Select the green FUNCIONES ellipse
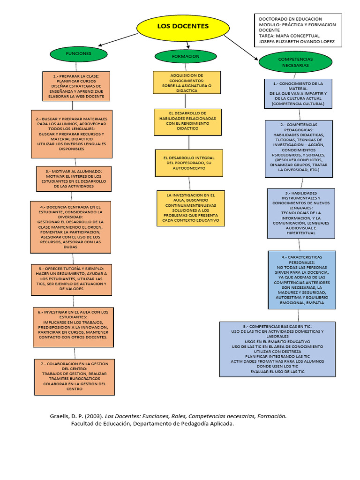[x=78, y=54]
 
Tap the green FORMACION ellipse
[x=186, y=56]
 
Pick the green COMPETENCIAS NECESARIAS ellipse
[x=295, y=62]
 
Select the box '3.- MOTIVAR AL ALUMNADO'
[x=74, y=179]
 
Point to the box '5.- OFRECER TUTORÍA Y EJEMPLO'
[x=72, y=280]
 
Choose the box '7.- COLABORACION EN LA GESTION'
[x=75, y=376]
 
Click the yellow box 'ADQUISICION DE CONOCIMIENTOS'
[x=187, y=83]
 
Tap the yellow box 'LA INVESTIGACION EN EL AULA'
[x=190, y=208]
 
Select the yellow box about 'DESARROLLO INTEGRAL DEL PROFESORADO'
[x=189, y=163]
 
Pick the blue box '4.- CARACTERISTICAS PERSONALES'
[x=302, y=280]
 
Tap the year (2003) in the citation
[x=93, y=416]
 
